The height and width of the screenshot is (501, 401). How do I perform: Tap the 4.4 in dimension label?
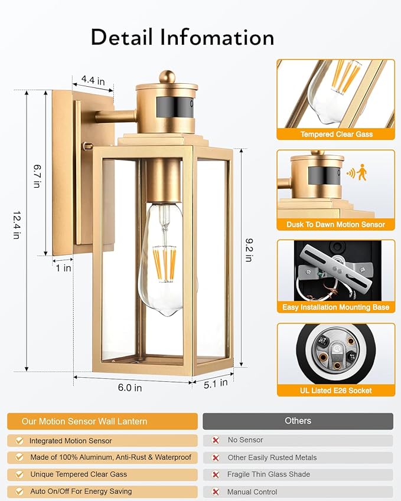click(93, 79)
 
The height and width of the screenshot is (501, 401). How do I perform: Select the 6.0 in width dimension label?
click(130, 388)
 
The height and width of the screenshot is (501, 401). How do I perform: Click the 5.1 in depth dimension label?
click(216, 383)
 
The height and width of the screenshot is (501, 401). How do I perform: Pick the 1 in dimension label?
click(64, 267)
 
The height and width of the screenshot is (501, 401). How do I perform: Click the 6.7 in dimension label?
click(36, 176)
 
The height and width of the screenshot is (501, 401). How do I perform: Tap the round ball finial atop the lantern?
click(167, 77)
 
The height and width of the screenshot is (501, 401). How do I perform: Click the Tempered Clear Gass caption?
click(336, 135)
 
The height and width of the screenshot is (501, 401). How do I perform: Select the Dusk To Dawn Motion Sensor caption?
click(336, 224)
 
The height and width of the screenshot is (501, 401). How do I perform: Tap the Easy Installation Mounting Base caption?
click(336, 307)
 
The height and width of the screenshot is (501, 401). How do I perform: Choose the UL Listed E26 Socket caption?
click(336, 390)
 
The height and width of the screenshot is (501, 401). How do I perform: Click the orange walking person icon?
click(361, 173)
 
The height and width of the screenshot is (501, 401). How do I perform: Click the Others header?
click(298, 421)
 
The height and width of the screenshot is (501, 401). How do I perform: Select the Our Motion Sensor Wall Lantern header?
click(84, 421)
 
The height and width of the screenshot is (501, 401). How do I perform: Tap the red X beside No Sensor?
click(216, 440)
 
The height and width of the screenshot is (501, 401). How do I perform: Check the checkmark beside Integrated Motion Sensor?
click(19, 441)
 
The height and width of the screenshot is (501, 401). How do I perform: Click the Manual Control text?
click(252, 492)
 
